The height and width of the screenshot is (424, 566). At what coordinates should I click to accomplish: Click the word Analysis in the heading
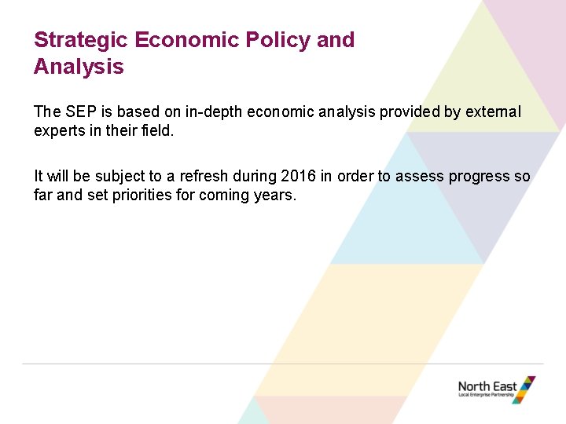79,67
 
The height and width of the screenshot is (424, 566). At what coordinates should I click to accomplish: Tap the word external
493,111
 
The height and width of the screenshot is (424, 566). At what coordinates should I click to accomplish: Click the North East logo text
487,386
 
